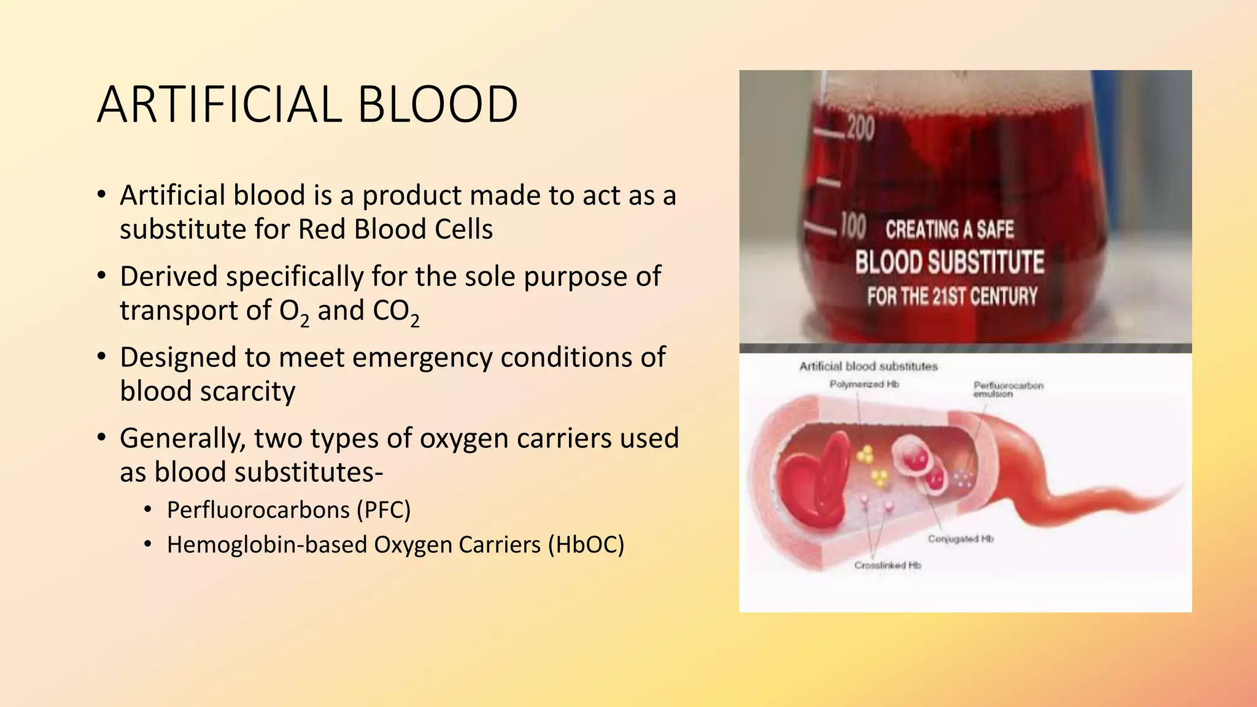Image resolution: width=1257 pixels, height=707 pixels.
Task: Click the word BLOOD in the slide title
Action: (437, 105)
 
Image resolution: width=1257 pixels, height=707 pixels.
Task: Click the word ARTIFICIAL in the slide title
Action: (219, 105)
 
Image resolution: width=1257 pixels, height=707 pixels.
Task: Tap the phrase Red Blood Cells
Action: (395, 230)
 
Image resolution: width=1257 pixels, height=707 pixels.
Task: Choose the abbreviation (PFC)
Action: (384, 510)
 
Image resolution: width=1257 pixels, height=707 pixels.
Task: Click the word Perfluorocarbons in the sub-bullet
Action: (258, 510)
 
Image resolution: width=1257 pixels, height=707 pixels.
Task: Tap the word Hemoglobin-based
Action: (267, 545)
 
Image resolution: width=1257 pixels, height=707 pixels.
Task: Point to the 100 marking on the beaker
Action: (853, 226)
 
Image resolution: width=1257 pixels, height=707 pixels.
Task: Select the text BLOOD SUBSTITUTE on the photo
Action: (950, 263)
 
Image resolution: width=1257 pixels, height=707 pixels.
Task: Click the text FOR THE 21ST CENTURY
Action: (952, 297)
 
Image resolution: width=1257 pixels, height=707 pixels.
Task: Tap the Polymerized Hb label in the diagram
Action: (864, 384)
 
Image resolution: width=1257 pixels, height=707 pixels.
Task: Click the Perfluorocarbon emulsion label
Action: (1008, 389)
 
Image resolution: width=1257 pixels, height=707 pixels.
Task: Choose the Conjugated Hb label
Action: (960, 539)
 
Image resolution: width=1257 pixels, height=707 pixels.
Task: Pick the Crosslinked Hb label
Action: (888, 565)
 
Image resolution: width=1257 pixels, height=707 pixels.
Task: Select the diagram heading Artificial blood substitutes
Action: (868, 366)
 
